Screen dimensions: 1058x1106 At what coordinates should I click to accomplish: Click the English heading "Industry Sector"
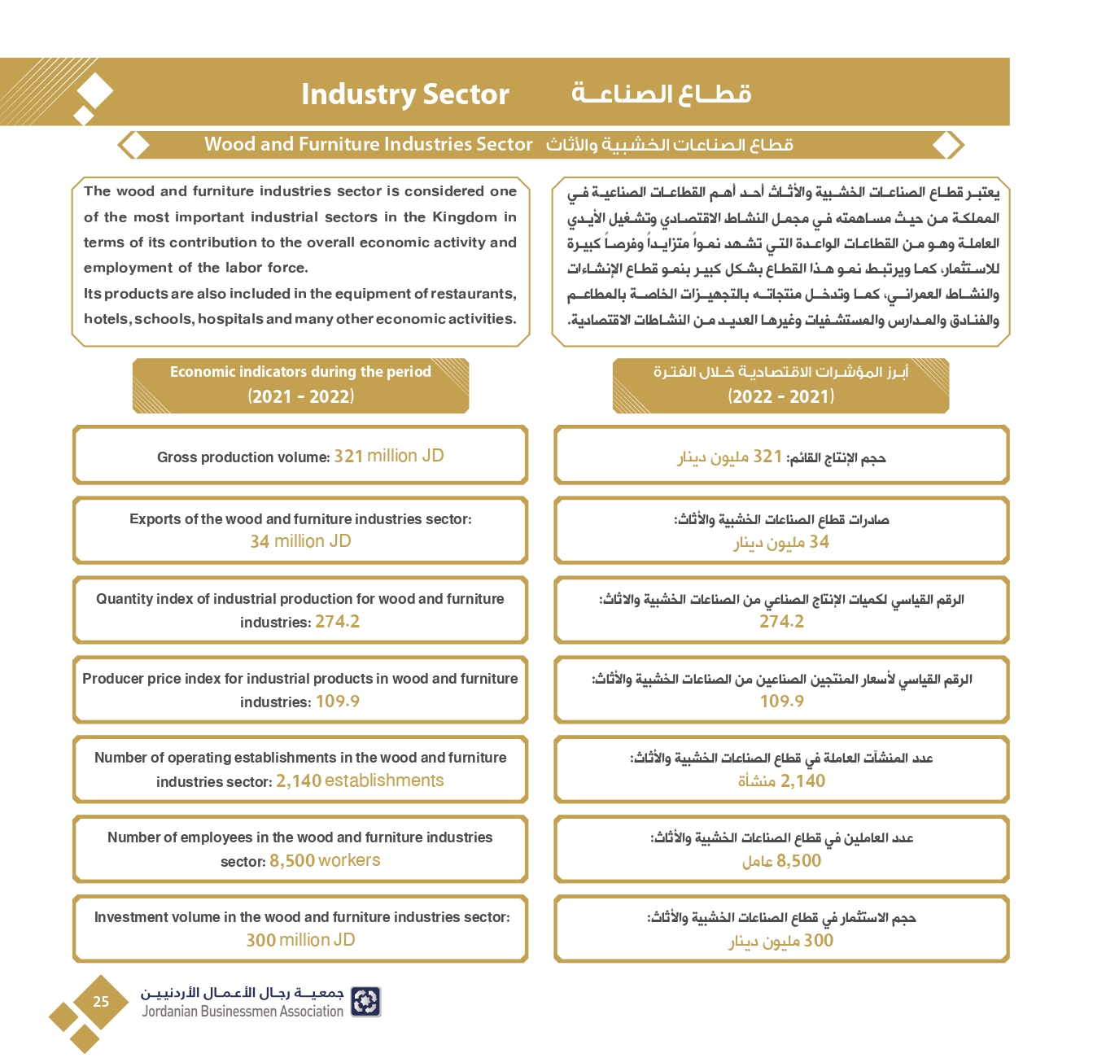pos(404,94)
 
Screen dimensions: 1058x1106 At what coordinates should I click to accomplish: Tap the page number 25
pos(101,1002)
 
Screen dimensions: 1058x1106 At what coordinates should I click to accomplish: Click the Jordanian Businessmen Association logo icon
pos(365,1002)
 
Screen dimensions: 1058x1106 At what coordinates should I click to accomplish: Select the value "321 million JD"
pos(389,456)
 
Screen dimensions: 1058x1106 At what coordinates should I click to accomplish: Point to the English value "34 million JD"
pos(300,541)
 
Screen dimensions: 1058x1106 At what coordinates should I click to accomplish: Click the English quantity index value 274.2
pos(337,622)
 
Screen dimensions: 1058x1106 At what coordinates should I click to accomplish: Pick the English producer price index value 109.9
pos(337,702)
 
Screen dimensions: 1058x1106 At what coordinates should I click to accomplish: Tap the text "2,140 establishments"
pos(360,781)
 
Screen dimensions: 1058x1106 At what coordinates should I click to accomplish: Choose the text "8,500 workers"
pos(325,861)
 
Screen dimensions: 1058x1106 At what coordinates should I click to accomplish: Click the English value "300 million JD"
pos(300,940)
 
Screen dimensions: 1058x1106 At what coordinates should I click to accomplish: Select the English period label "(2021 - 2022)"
pos(300,397)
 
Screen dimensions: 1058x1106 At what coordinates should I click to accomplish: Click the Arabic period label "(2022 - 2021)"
pos(780,397)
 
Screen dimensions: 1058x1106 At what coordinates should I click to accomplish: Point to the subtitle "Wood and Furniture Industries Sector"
pos(368,145)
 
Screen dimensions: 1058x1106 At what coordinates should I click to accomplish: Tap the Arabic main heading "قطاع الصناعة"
pos(661,94)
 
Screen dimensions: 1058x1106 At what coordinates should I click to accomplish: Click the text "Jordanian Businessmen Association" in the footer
pos(243,1012)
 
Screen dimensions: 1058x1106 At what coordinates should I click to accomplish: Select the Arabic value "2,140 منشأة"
pos(781,781)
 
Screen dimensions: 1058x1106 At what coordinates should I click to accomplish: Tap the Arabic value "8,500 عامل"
pos(781,861)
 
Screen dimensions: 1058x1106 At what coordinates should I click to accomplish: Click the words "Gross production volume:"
pos(243,457)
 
